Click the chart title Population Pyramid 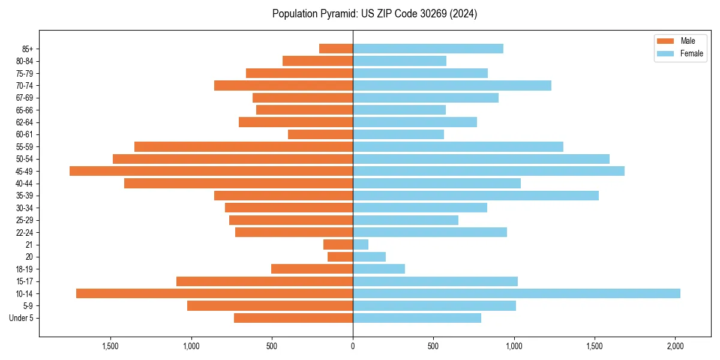[x=374, y=14]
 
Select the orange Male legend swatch [x=666, y=41]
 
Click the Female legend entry [x=691, y=53]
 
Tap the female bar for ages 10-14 [x=516, y=293]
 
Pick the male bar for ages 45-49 [x=211, y=171]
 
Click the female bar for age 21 [x=361, y=244]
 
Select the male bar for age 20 [x=340, y=257]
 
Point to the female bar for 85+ [x=428, y=49]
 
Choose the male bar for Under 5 [x=293, y=318]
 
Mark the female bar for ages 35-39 [x=475, y=196]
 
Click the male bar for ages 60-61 [x=320, y=134]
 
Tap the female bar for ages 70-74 [x=452, y=85]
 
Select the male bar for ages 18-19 [x=312, y=269]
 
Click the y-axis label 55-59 [x=24, y=146]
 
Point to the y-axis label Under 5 [x=21, y=318]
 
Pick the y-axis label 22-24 [x=24, y=232]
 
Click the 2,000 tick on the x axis [x=676, y=346]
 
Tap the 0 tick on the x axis [x=353, y=346]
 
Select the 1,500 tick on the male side [x=110, y=346]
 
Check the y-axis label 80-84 [x=24, y=61]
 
